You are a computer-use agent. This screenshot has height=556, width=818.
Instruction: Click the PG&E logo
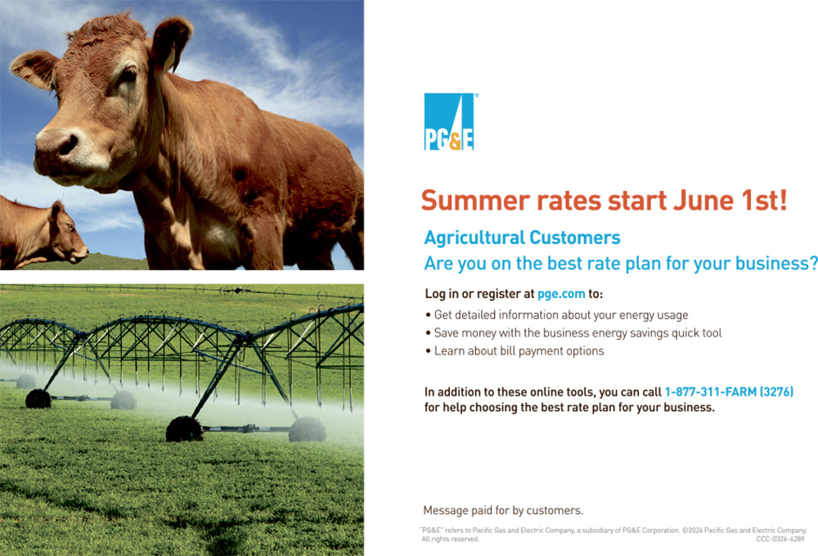[449, 122]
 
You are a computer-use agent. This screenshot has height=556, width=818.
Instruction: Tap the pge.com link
[561, 294]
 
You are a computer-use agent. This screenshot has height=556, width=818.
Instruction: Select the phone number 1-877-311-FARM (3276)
[729, 391]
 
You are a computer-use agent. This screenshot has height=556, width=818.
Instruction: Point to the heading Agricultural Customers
[522, 237]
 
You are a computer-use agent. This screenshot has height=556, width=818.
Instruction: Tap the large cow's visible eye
[128, 76]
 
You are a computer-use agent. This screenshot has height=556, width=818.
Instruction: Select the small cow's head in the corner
[67, 233]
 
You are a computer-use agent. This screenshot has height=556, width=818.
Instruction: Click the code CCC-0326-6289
[780, 540]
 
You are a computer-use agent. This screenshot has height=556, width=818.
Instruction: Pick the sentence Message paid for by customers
[503, 510]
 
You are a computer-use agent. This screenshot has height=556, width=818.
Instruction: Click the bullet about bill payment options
[515, 350]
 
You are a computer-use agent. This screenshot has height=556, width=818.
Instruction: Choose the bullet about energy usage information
[556, 314]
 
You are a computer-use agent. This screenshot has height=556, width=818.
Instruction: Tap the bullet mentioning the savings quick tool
[573, 333]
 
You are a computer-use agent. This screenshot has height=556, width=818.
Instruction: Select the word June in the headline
[703, 201]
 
